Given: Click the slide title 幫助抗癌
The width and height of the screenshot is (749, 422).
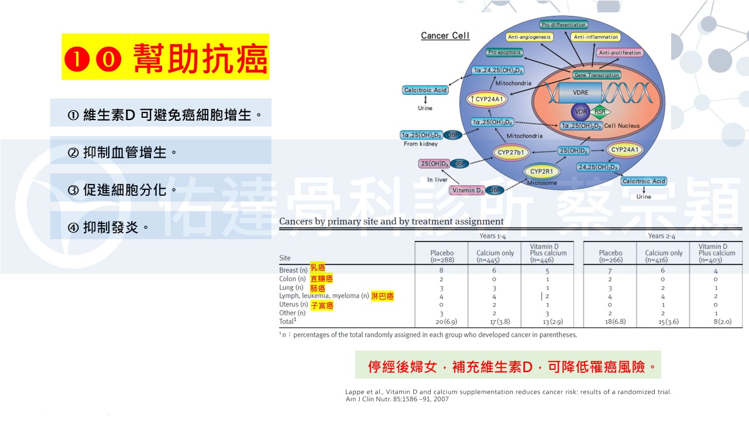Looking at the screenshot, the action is (166, 57).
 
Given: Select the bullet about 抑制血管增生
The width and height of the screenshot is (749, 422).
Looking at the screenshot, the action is (130, 152).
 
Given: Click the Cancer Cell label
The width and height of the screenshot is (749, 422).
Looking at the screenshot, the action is (445, 36).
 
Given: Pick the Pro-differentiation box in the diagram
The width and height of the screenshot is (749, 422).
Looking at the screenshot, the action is (564, 25).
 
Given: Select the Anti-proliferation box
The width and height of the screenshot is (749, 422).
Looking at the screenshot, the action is (620, 53).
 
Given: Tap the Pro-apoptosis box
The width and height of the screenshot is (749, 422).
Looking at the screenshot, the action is (504, 52).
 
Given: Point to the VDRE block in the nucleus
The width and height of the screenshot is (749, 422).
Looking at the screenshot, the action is (580, 93).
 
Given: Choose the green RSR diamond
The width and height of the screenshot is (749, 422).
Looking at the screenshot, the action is (599, 111).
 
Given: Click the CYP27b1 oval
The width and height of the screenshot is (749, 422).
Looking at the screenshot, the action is (510, 153).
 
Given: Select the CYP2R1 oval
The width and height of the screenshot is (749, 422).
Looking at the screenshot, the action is (542, 172).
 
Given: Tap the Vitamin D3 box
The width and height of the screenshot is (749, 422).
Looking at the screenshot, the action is (467, 190).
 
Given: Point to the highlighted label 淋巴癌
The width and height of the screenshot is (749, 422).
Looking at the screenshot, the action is (382, 296).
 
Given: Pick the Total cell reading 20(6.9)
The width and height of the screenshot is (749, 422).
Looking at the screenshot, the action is (441, 321).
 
